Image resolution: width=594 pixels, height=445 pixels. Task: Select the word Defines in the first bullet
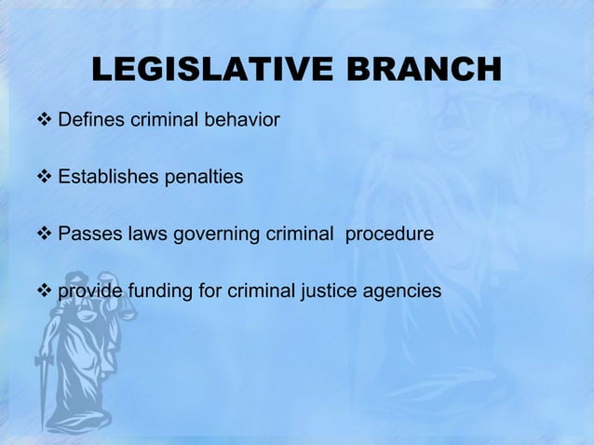pyautogui.click(x=89, y=120)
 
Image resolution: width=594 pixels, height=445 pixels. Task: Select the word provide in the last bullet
pyautogui.click(x=88, y=291)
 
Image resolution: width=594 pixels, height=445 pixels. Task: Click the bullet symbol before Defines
pyautogui.click(x=46, y=120)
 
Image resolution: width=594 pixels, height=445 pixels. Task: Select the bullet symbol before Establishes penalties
pyautogui.click(x=46, y=177)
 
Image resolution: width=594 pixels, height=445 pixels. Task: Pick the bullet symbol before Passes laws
pyautogui.click(x=46, y=234)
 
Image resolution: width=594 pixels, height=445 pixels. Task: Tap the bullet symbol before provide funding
pyautogui.click(x=46, y=291)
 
